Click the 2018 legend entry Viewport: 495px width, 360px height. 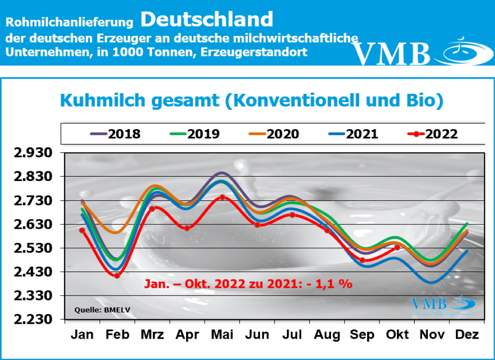click(x=115, y=134)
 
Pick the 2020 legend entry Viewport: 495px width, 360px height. click(x=274, y=134)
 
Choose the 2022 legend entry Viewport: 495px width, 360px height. click(x=433, y=134)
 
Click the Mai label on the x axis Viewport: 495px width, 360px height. click(x=222, y=335)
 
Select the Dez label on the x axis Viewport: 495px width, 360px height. click(x=467, y=335)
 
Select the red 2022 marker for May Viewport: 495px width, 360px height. click(x=222, y=197)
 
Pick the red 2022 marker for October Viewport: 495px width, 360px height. click(x=397, y=248)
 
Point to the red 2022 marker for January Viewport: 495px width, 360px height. click(x=82, y=230)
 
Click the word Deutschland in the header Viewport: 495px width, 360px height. click(x=207, y=19)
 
